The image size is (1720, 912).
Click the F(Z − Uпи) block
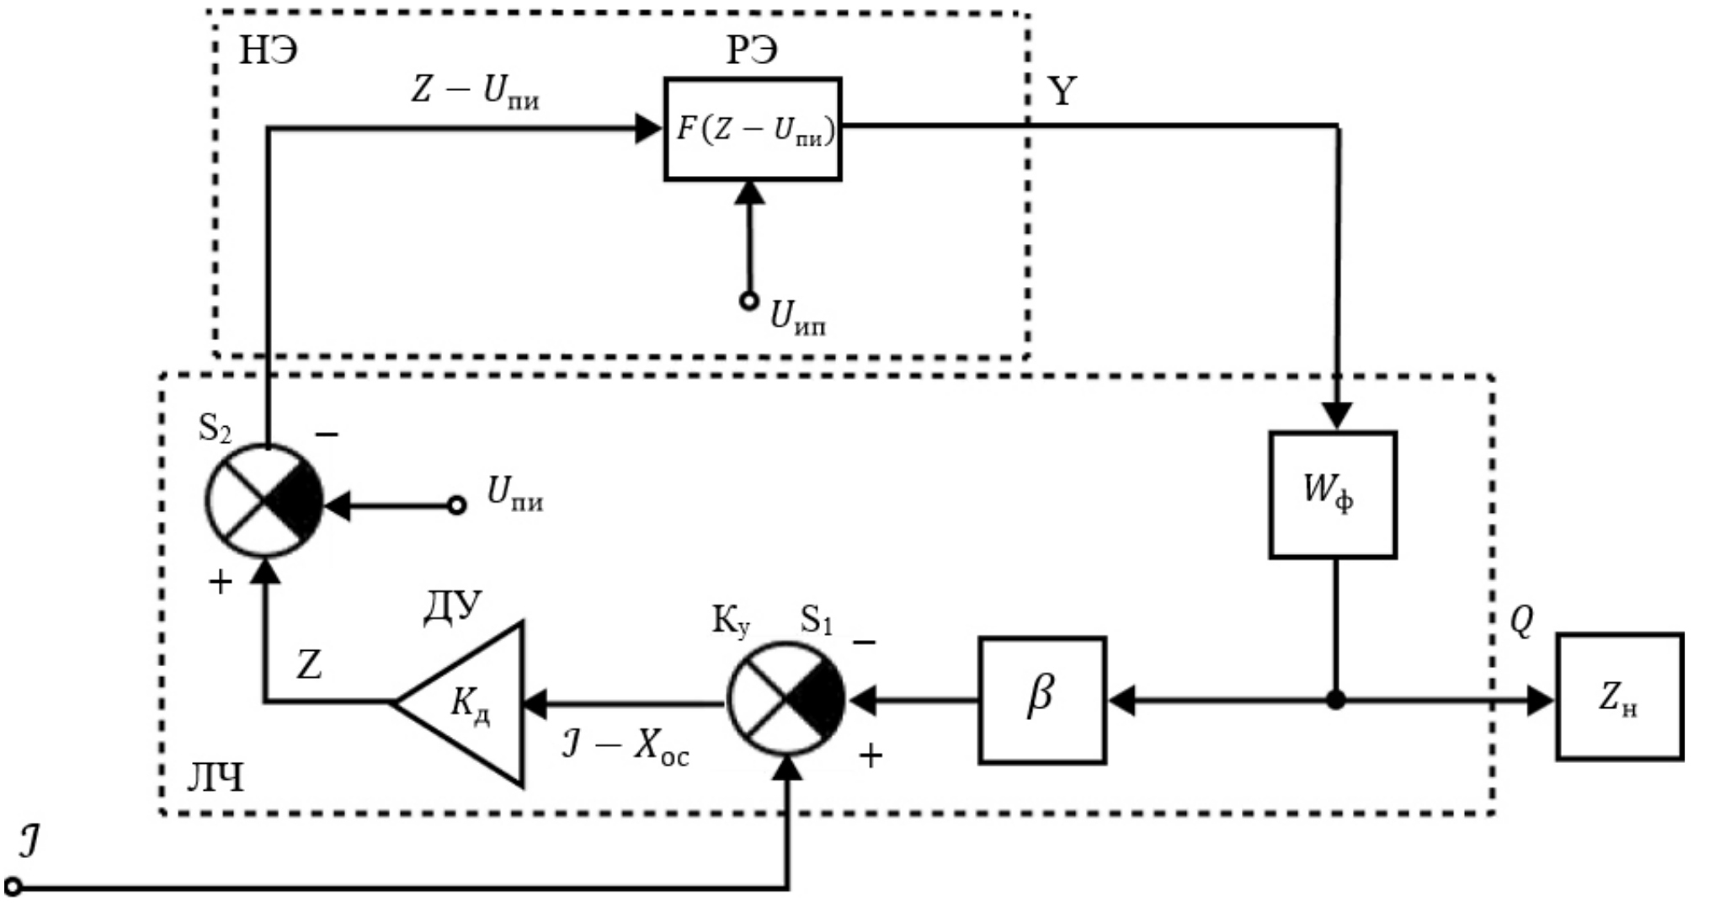[x=752, y=129]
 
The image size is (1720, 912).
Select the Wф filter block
[x=1332, y=494]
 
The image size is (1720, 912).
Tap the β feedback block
[x=1041, y=700]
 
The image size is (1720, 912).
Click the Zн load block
[x=1619, y=696]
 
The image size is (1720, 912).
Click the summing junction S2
[x=264, y=502]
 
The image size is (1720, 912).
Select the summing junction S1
[x=785, y=699]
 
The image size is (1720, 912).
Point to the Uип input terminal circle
[x=748, y=301]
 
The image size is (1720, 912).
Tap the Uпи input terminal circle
[x=456, y=505]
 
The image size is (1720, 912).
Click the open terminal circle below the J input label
[x=13, y=887]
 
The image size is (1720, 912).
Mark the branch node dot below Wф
[x=1335, y=700]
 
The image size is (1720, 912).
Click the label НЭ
[x=269, y=51]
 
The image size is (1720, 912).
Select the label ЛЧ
[x=215, y=780]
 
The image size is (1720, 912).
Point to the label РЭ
[x=752, y=51]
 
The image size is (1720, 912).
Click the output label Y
[x=1062, y=90]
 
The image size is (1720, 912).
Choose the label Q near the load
[x=1520, y=622]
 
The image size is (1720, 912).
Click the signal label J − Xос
[x=625, y=747]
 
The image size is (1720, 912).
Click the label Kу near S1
[x=731, y=622]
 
